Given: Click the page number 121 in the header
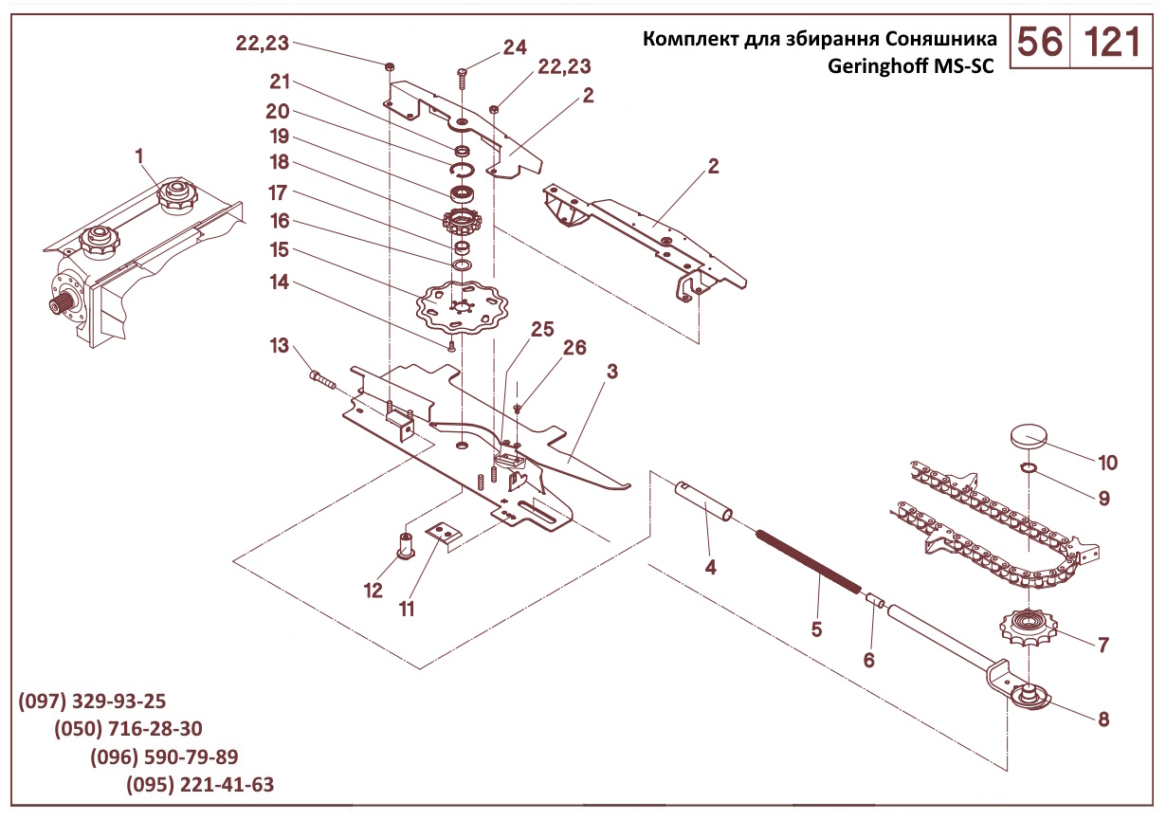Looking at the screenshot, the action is click(x=1112, y=43).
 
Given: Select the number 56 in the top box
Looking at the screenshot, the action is click(x=1040, y=43).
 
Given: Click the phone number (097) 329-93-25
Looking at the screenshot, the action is click(x=92, y=702).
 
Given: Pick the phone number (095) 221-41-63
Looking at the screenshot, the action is click(x=200, y=785).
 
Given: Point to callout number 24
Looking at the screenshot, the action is click(x=515, y=47).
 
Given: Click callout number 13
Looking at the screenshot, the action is click(x=280, y=345).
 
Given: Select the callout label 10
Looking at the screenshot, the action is click(x=1107, y=463).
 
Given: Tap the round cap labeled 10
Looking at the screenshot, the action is click(x=1029, y=435).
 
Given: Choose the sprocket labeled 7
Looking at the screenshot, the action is click(x=1028, y=628).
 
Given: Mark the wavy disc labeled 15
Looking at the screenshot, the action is click(x=463, y=308).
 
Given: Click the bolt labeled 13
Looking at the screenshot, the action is click(x=322, y=378).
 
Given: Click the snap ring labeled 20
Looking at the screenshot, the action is click(x=462, y=171).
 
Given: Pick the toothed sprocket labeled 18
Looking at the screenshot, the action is click(x=462, y=223).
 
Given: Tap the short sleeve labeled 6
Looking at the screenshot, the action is click(x=875, y=600).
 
